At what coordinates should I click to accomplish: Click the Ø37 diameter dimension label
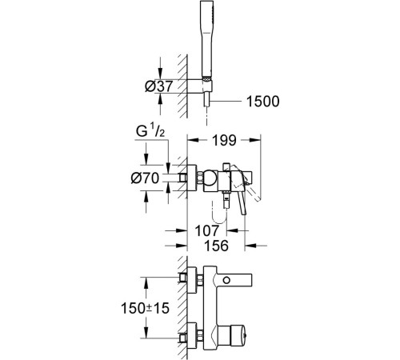pos(159,86)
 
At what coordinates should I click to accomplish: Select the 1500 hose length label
pos(262,102)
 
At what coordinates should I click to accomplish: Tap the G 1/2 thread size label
pos(150,131)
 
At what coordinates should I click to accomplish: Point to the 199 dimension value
pos(224,140)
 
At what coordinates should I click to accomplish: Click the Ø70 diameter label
pos(145,178)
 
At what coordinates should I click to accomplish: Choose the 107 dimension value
pos(207,230)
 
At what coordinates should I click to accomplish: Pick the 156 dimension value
pos(216,246)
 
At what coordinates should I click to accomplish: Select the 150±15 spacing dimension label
pos(145,308)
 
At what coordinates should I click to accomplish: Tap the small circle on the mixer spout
pos(226,280)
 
